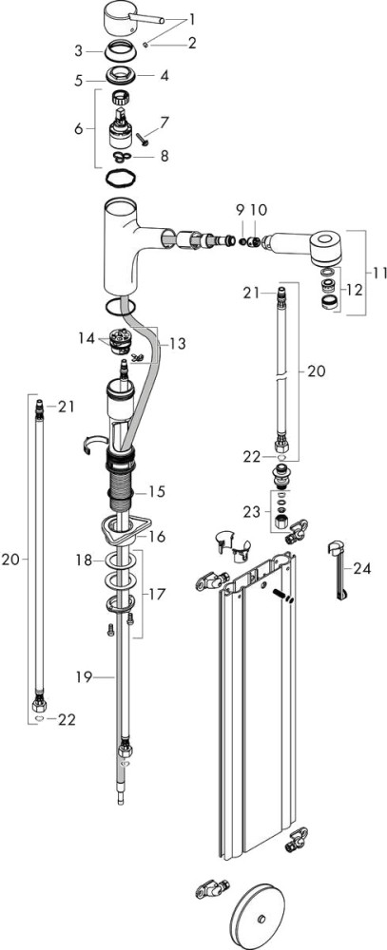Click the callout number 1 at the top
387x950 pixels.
pyautogui.click(x=192, y=19)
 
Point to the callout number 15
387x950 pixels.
pyautogui.click(x=157, y=491)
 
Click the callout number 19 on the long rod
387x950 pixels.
pyautogui.click(x=84, y=676)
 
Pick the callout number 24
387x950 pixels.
pyautogui.click(x=361, y=568)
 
